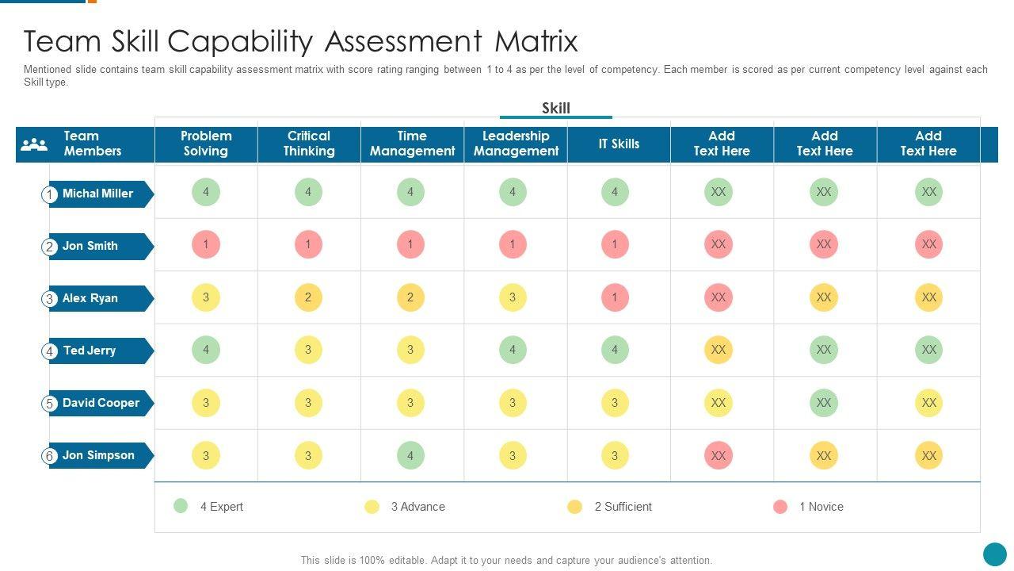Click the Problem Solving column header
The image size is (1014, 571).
click(x=206, y=144)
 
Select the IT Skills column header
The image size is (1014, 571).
click(x=619, y=144)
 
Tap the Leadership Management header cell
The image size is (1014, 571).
click(x=516, y=144)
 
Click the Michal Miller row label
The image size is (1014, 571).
click(x=98, y=194)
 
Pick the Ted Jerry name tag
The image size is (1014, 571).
click(x=90, y=351)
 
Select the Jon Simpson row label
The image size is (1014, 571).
click(x=98, y=455)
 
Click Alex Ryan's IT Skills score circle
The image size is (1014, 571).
click(x=615, y=297)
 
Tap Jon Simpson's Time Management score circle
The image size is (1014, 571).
click(x=410, y=455)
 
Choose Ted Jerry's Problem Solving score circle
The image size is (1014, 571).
click(x=206, y=350)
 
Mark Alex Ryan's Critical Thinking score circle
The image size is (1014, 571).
click(x=308, y=297)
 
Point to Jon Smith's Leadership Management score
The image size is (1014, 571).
click(x=513, y=244)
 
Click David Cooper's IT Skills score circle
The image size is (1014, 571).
click(x=615, y=403)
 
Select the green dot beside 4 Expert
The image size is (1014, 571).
click(x=181, y=506)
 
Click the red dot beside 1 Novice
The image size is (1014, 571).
click(x=780, y=507)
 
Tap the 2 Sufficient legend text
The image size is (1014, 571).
click(x=623, y=507)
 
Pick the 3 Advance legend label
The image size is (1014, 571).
click(x=418, y=507)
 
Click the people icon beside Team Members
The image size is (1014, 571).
click(x=34, y=144)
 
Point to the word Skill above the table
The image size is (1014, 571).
click(x=556, y=108)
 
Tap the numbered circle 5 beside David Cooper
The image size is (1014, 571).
click(x=49, y=404)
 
